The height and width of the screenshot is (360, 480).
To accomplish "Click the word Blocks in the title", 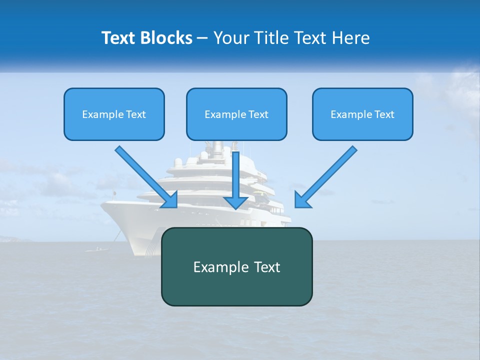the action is coord(167,38).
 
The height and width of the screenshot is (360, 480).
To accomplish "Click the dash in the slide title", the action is coord(202,38).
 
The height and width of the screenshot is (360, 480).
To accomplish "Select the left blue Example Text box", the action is coord(114,114).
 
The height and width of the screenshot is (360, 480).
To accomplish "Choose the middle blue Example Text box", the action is coord(236,114).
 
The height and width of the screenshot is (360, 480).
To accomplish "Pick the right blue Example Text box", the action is coord(362,114).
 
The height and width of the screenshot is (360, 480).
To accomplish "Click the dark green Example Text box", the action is coord(236,266).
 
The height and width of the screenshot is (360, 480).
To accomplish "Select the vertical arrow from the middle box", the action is coord(236,175).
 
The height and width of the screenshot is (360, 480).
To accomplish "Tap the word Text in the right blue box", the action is coord(384,114).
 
